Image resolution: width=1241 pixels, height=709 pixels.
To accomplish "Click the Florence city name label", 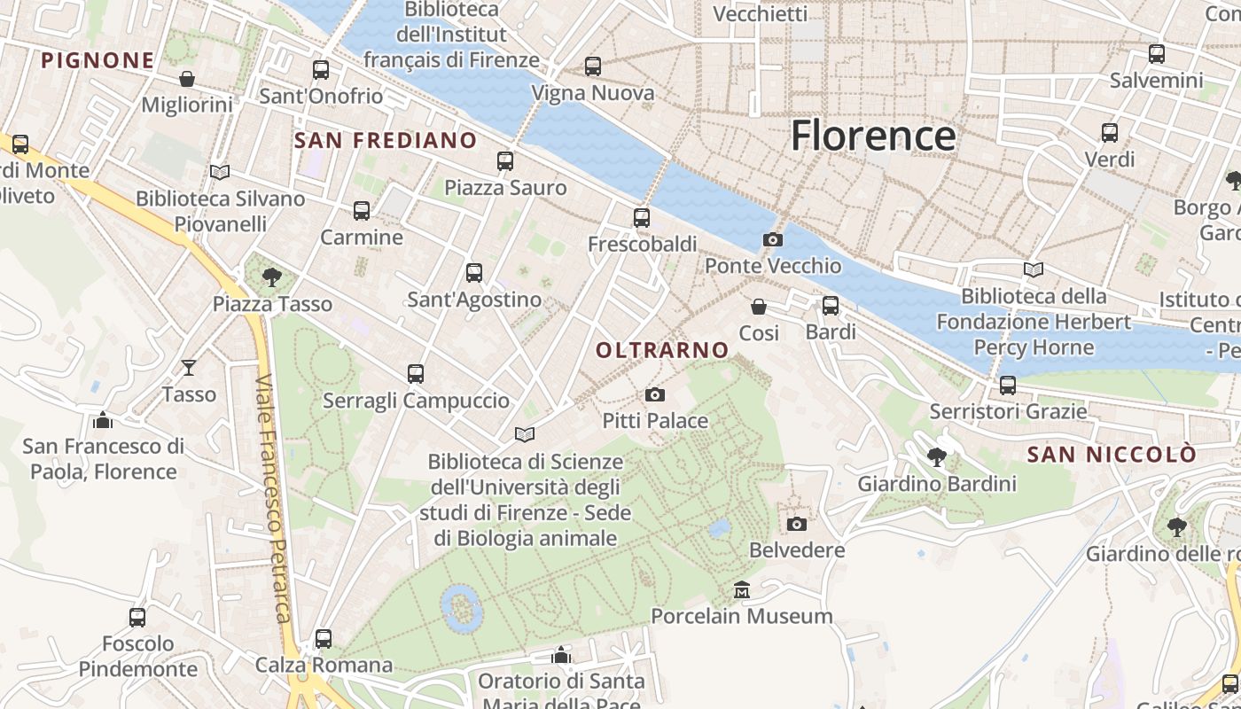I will (873, 136).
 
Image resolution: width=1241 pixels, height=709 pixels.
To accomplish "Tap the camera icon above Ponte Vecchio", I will (772, 239).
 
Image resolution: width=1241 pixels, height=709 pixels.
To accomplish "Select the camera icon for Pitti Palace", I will (655, 394).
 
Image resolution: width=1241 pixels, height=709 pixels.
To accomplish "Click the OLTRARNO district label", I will (662, 350).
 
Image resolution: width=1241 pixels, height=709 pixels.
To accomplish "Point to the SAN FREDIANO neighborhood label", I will (386, 140).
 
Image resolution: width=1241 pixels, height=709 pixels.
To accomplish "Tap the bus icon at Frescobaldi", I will (642, 217).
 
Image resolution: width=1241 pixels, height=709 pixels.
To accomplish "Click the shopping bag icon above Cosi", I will (759, 307).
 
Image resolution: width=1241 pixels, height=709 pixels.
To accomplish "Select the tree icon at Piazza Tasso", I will (272, 277).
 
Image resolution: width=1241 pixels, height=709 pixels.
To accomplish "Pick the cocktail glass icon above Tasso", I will (189, 367).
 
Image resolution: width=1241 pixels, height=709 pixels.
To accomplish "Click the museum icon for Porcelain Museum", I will (742, 589).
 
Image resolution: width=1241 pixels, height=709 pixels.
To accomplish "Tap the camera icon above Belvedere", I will (797, 524).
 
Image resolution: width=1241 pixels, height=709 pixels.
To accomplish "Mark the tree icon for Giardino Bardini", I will (936, 457).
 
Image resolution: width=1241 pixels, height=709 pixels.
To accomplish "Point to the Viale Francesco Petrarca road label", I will (274, 498).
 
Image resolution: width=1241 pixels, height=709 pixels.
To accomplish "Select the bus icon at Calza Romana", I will (324, 638).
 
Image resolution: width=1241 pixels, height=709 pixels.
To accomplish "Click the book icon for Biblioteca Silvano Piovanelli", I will (220, 172).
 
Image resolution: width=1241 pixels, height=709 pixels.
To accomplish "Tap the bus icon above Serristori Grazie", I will (1007, 385).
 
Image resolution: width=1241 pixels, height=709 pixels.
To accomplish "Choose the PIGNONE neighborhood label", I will (98, 60).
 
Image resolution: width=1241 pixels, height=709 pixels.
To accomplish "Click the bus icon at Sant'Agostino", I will (474, 272).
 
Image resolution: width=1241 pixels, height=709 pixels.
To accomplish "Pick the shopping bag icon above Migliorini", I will (187, 79).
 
